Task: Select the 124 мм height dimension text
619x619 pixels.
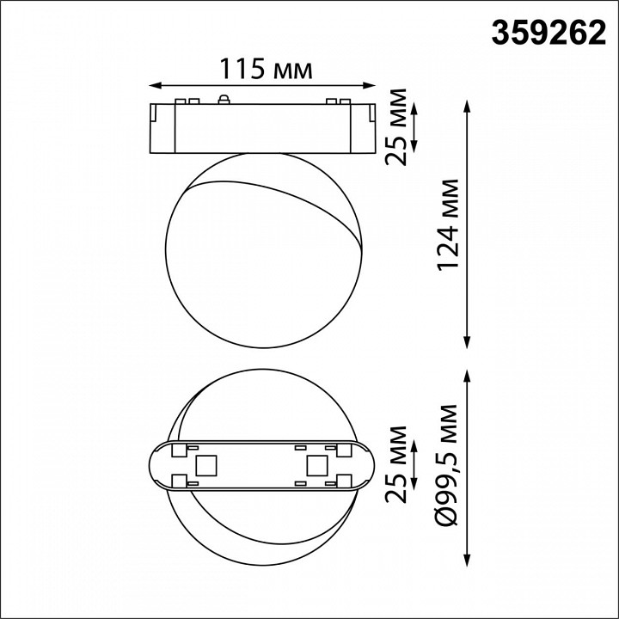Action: [448, 225]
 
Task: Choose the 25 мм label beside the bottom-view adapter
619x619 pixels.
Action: [397, 465]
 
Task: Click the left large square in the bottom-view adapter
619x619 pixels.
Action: [206, 465]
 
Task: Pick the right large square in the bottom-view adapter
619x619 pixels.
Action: [315, 465]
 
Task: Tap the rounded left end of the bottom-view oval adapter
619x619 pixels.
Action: [154, 465]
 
